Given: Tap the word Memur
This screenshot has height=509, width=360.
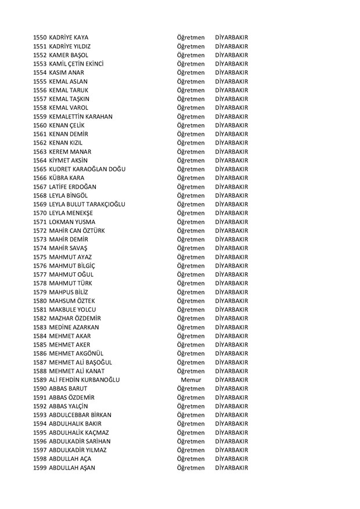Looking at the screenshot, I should [x=191, y=380].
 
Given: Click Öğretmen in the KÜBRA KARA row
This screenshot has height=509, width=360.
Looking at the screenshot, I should [x=191, y=178].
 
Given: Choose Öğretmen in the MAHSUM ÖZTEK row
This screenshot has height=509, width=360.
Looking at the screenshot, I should [x=191, y=301].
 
